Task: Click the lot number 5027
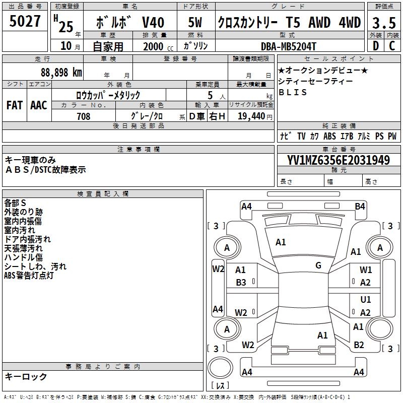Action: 25,22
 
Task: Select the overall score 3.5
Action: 383,22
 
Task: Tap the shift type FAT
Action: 15,105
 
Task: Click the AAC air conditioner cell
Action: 39,105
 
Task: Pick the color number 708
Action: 83,116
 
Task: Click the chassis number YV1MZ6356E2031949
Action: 339,160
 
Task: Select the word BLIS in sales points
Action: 293,93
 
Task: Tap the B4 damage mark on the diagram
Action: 360,206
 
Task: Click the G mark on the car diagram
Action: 318,265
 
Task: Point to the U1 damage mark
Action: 366,300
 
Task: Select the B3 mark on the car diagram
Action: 241,283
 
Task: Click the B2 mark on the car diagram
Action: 359,345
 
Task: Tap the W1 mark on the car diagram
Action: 366,270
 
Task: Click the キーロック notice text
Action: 26,376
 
